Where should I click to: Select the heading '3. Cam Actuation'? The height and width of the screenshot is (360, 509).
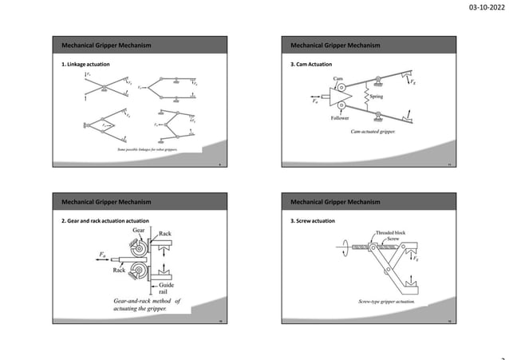point(311,63)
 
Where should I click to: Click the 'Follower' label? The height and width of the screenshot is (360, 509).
point(341,117)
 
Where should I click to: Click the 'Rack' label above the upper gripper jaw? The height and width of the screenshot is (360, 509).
point(165,234)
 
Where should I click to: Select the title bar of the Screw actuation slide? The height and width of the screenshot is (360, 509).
point(374,200)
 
